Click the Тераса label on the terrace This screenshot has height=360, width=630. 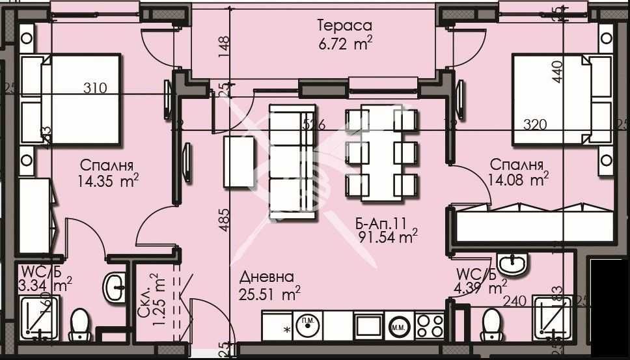(344, 26)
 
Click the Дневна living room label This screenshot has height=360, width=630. (266, 277)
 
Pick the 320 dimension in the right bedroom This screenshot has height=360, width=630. (530, 124)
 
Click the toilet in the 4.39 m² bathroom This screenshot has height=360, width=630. (492, 323)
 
